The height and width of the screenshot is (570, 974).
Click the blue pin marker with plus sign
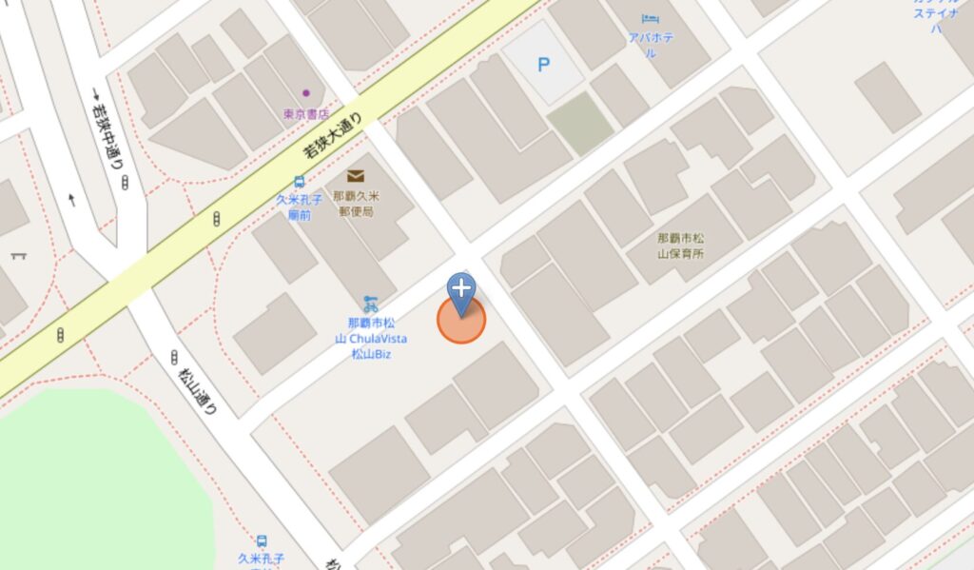461,290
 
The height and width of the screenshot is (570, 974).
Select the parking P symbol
543,65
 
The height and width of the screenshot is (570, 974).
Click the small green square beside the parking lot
580,124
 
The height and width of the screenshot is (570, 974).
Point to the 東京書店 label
305,114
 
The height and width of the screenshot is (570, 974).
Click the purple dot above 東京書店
306,93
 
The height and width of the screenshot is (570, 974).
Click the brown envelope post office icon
356,176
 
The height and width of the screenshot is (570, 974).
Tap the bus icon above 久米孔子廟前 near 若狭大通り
300,181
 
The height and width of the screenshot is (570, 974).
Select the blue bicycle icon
370,304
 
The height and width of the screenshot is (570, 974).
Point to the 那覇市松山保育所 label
680,246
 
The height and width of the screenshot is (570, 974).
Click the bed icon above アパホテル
650,18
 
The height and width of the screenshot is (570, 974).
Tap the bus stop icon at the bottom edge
262,541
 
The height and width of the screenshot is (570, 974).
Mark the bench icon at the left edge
17,255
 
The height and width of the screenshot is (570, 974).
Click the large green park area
95,485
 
